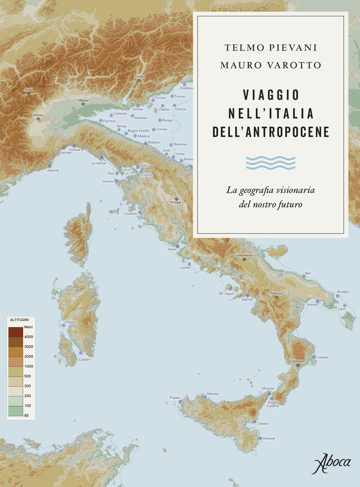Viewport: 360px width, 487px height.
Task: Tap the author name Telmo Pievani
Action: [271, 48]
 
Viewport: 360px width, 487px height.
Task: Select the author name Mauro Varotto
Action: [271, 65]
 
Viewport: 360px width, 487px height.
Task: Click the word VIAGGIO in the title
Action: [271, 95]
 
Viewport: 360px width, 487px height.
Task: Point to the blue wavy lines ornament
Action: [271, 163]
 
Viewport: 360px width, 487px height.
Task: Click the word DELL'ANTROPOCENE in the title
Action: [271, 132]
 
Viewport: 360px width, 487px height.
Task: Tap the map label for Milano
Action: [83, 100]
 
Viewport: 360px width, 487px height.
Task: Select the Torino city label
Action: [38, 115]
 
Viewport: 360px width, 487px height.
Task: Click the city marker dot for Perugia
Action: [176, 199]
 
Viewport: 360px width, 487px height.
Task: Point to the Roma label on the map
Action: [172, 249]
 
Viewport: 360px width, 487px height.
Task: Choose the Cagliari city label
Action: [85, 359]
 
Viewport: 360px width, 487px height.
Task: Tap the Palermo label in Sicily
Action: [212, 394]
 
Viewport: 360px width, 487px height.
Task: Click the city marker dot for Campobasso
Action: [244, 259]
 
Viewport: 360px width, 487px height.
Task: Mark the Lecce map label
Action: [342, 309]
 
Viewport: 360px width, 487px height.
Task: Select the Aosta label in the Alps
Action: [29, 89]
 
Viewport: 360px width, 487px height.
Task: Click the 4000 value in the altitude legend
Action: [28, 337]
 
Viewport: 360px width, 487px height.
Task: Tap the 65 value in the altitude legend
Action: [26, 415]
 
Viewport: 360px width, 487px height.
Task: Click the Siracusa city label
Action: [269, 438]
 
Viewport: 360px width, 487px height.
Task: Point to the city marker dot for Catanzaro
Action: [298, 365]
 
